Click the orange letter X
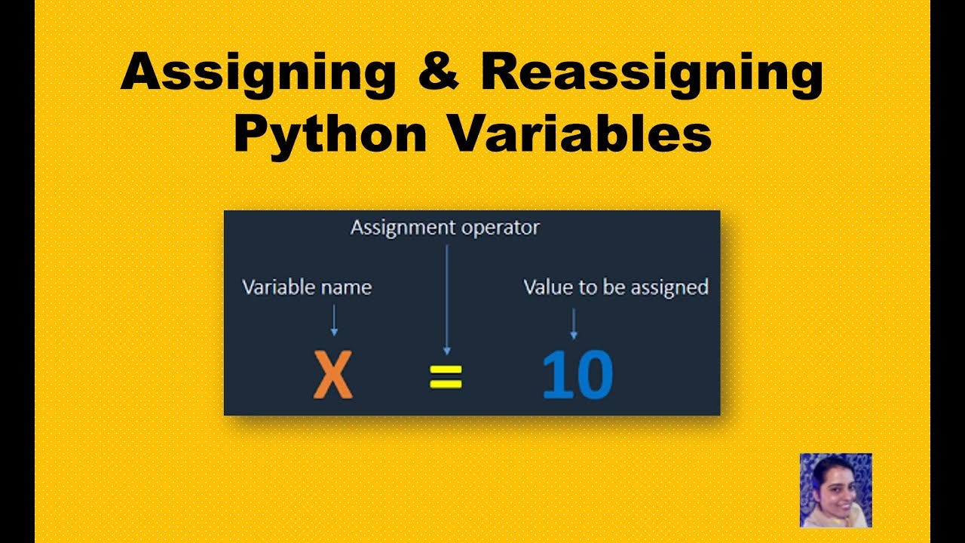(x=332, y=377)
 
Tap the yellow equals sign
(x=446, y=377)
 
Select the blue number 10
(x=577, y=376)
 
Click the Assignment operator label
(x=445, y=227)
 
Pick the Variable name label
(x=306, y=287)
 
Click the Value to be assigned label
(x=615, y=287)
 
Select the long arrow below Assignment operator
(x=446, y=298)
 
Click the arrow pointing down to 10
(x=574, y=322)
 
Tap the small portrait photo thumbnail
(x=835, y=489)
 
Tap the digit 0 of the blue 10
(x=594, y=376)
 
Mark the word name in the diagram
(x=348, y=287)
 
